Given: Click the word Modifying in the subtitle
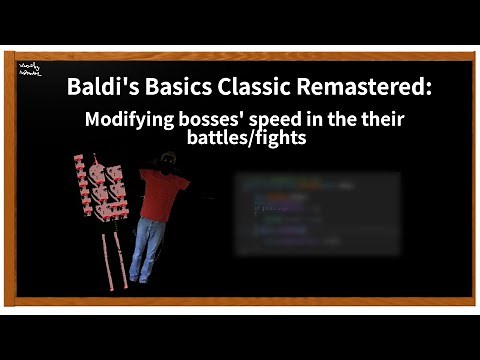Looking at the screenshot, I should tap(126, 120).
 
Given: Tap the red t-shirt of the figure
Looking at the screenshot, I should tap(161, 194).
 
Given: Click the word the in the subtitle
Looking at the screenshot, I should tap(343, 120).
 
